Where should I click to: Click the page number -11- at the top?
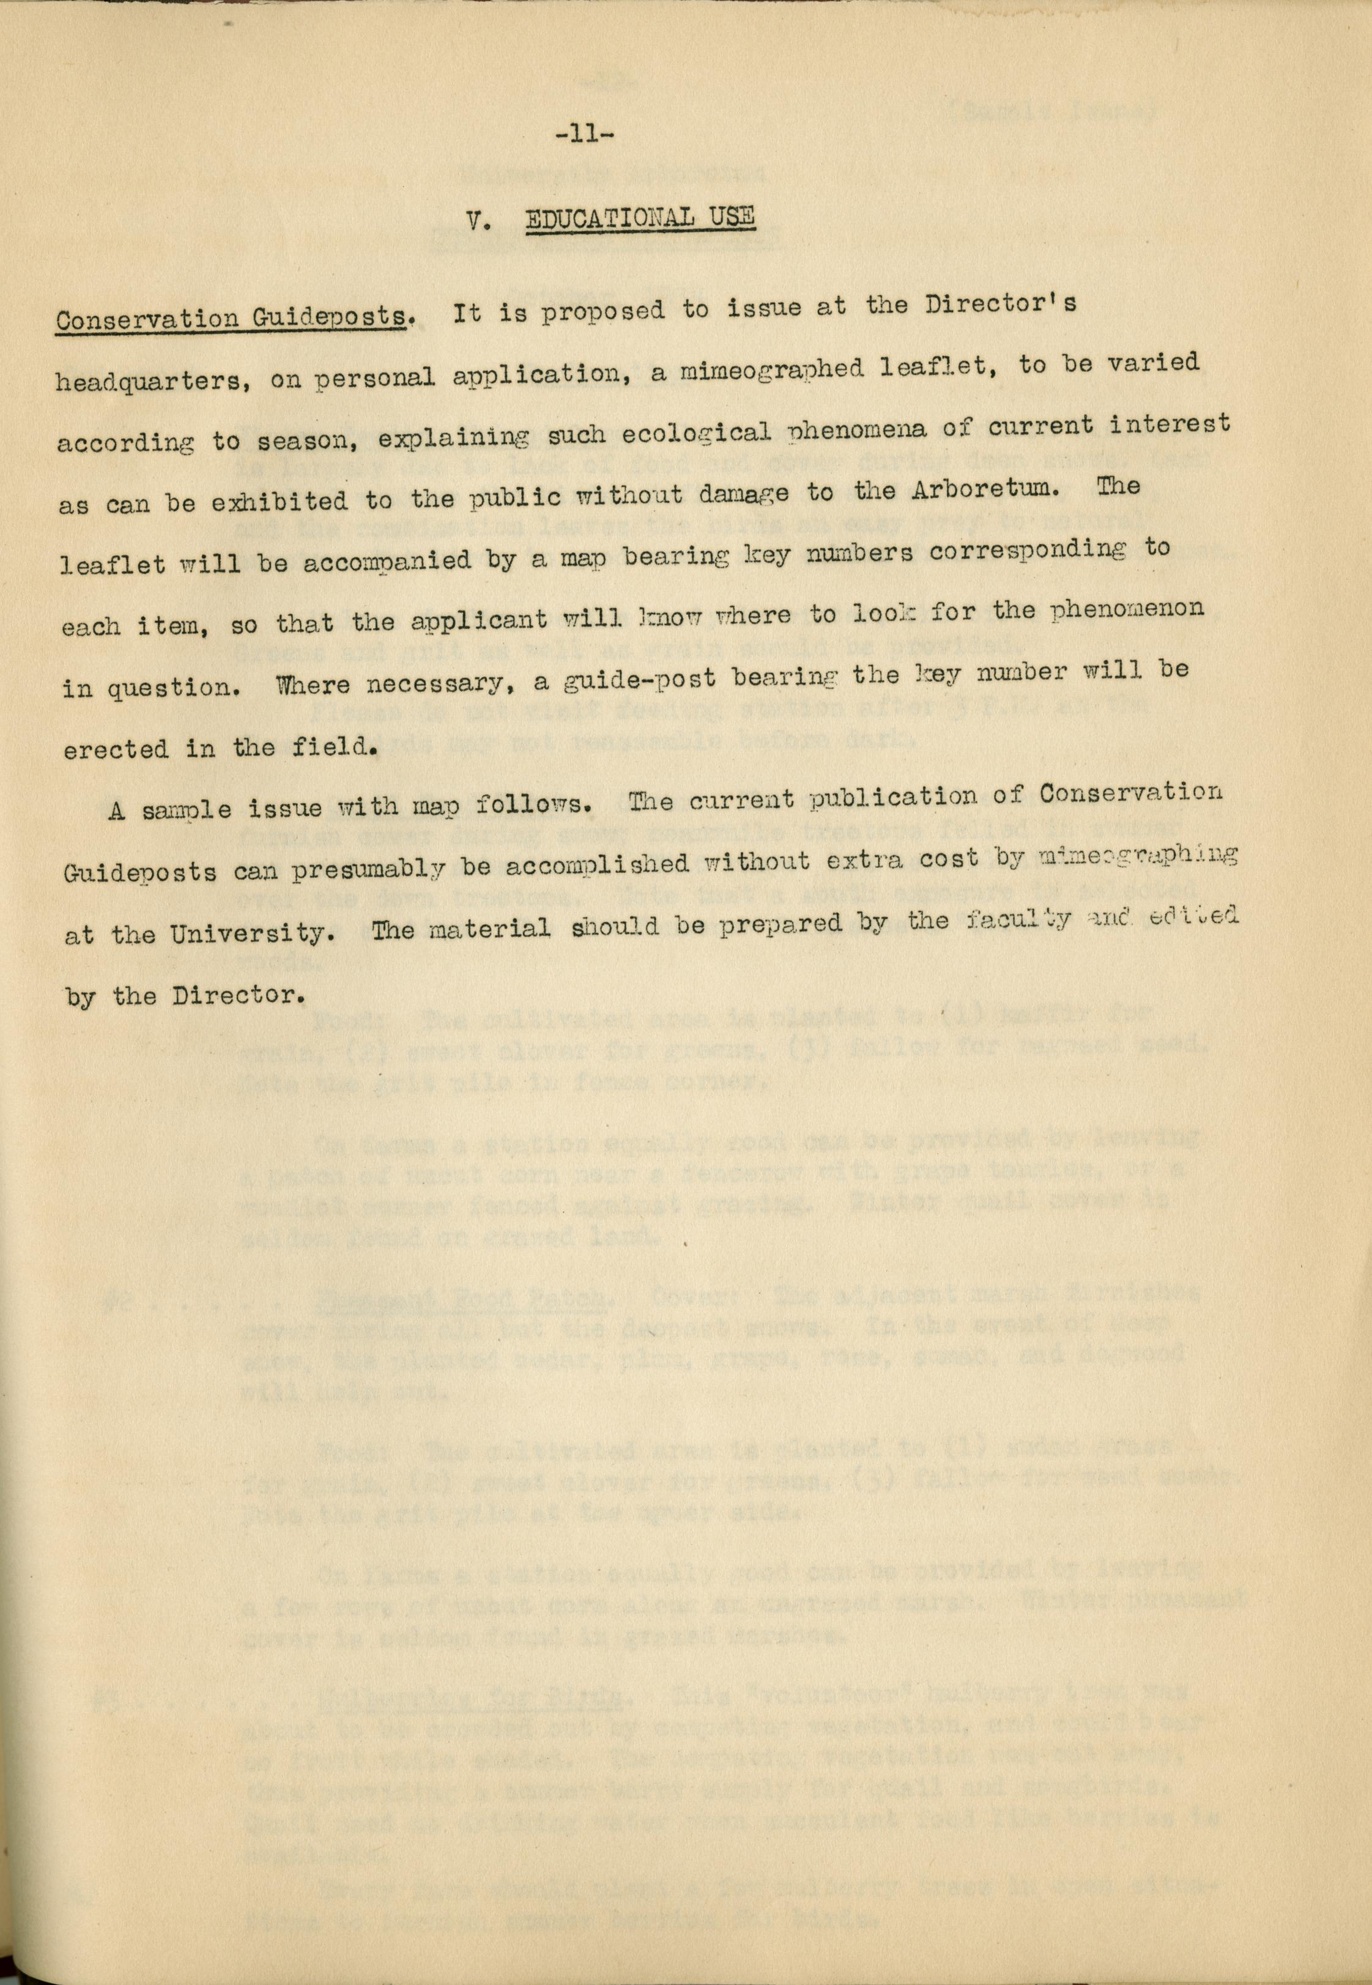click(583, 134)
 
